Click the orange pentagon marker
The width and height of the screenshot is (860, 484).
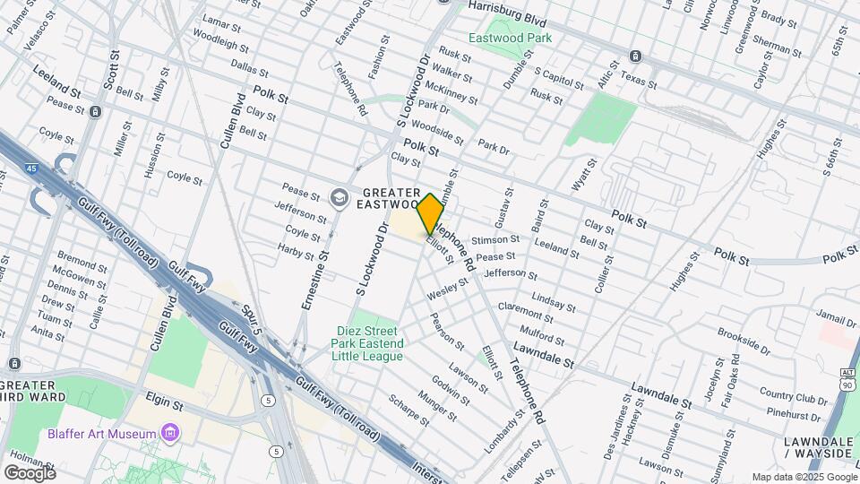point(430,213)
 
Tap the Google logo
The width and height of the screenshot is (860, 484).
point(30,472)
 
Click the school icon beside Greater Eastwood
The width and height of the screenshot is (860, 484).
point(339,198)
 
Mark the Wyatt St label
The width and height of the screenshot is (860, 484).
point(584,176)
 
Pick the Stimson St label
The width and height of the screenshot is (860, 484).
point(495,240)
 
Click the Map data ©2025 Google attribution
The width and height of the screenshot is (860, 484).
point(804,477)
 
